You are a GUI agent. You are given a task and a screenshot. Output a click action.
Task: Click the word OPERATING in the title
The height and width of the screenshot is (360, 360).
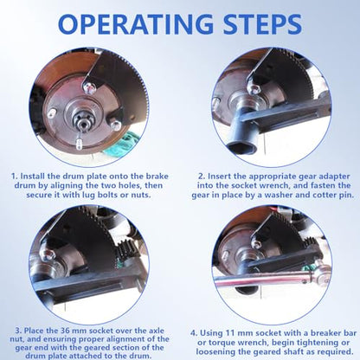[x=136, y=24]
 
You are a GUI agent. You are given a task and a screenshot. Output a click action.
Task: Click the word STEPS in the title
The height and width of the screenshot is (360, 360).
[x=262, y=24]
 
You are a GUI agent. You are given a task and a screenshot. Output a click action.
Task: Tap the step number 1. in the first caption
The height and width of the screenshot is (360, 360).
[x=15, y=176]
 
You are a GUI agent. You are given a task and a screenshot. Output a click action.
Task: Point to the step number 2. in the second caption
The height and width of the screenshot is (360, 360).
[x=202, y=177]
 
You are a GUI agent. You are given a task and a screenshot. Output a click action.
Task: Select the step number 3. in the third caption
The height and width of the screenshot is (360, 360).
[x=18, y=331]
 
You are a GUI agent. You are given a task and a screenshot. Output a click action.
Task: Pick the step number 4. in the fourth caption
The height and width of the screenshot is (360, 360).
[x=194, y=333]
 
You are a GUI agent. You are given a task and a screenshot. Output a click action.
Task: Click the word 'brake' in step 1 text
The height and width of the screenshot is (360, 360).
[x=157, y=176]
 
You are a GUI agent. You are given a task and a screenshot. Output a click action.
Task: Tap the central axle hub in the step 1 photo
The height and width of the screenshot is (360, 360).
[x=82, y=119]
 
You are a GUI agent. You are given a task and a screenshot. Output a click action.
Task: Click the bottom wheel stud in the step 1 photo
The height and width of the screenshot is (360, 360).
[x=79, y=144]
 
